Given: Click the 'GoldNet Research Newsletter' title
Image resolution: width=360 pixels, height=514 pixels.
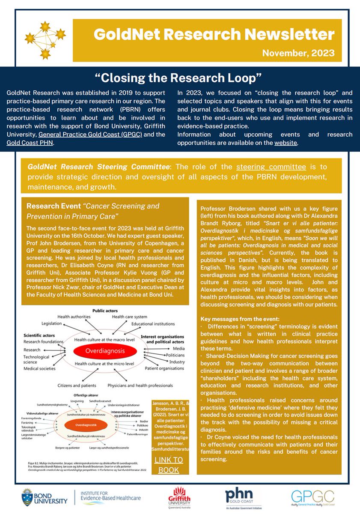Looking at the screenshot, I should point(208,34).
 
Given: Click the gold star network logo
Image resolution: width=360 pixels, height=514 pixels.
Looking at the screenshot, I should point(45,40).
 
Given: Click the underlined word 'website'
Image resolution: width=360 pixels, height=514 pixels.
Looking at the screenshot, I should point(286,143).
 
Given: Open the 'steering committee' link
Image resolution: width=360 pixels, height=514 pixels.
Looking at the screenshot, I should point(271,167).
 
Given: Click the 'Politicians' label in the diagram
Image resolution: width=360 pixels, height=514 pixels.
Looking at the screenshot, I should point(173,355).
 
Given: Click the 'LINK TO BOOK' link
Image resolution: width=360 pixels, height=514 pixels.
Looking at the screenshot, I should point(168,465).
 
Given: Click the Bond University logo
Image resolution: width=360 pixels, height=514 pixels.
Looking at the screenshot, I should point(44,496).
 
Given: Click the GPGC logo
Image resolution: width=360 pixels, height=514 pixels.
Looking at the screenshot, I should point(312,496).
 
